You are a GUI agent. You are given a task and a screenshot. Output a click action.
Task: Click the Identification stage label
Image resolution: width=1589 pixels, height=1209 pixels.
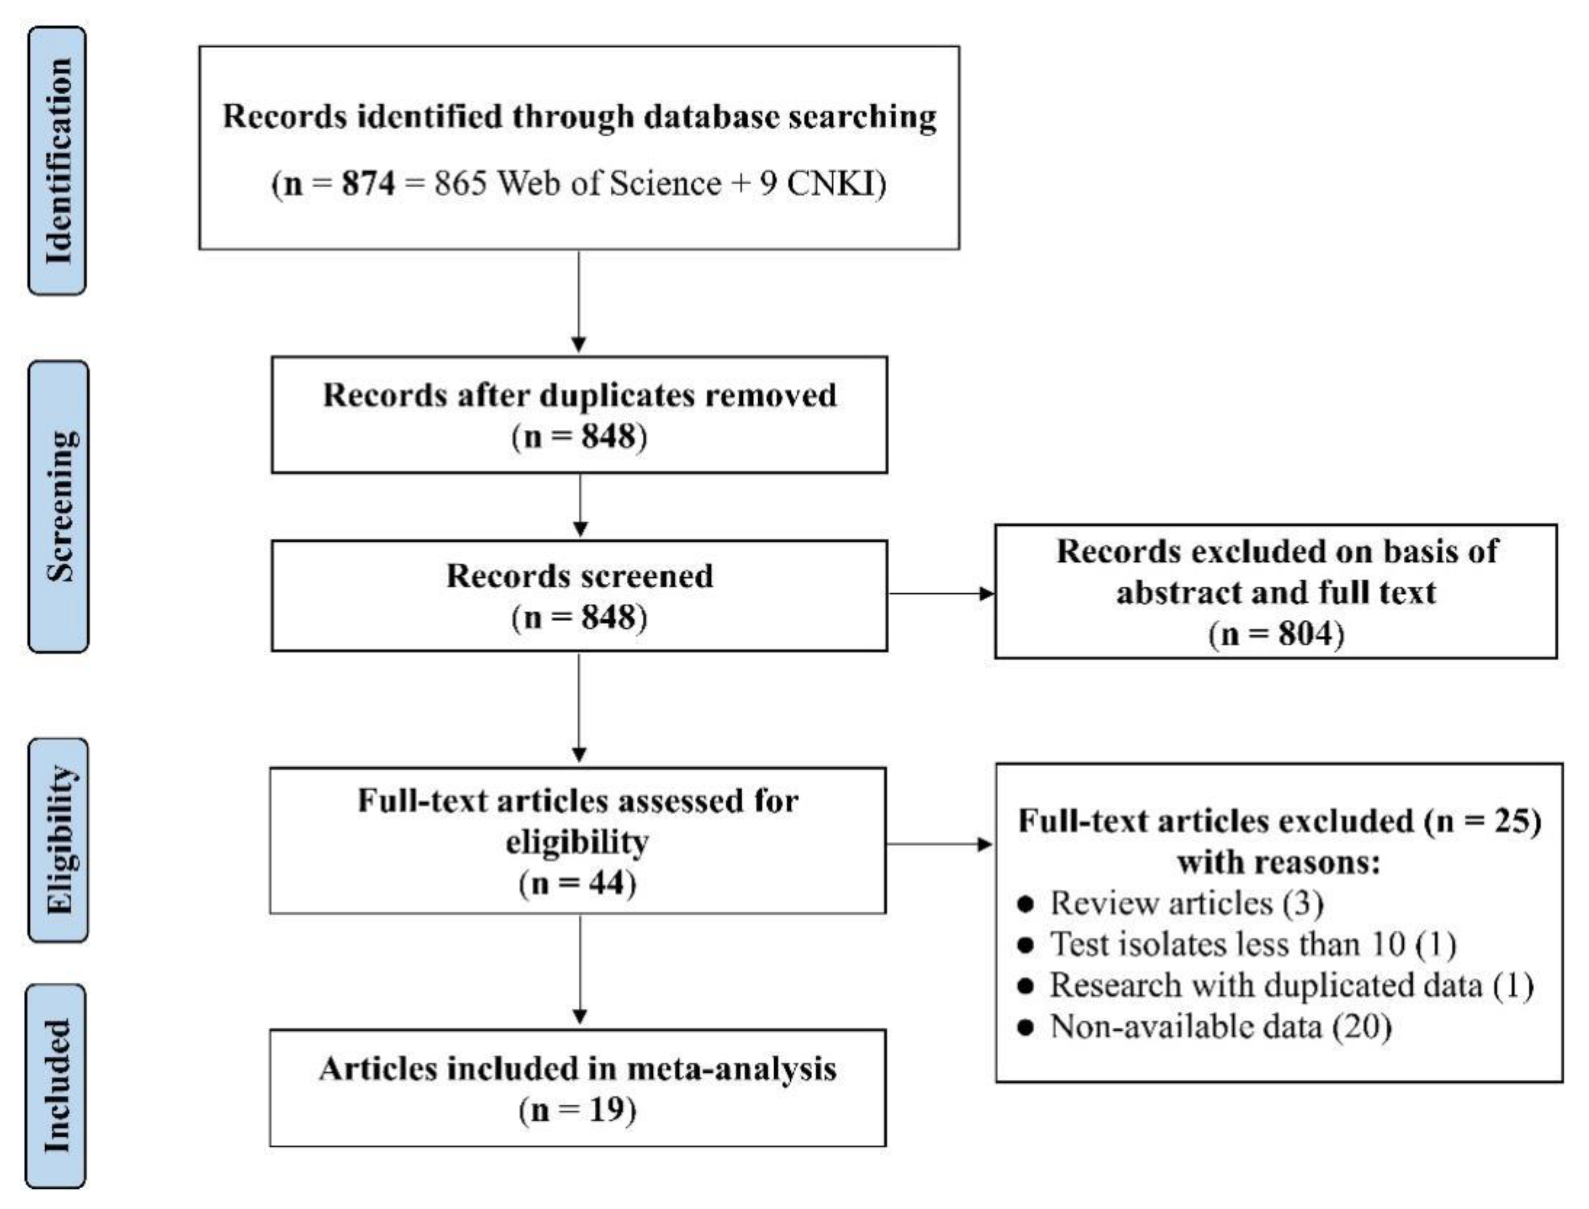tap(58, 161)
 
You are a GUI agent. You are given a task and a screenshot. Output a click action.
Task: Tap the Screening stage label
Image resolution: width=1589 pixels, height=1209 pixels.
tap(59, 507)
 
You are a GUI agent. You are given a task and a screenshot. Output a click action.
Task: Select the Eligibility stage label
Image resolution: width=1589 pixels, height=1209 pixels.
tap(59, 840)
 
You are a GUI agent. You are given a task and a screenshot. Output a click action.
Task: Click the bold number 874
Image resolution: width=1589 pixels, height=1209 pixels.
tap(368, 184)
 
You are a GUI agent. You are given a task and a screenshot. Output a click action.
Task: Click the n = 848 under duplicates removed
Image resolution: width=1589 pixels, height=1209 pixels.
tap(579, 437)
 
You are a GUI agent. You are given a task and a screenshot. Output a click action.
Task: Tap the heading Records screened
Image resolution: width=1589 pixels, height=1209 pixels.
tap(579, 576)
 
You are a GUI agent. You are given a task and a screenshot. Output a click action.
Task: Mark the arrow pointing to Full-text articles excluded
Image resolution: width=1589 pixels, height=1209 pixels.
tap(939, 844)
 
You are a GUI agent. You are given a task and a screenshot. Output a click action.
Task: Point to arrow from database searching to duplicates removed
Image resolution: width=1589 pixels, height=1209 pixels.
tap(579, 302)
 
